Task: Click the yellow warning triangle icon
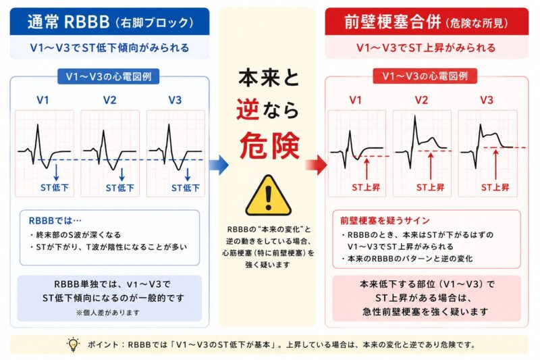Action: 268,196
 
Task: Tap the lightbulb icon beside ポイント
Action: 73,344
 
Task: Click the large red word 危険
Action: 269,146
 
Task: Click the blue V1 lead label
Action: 43,100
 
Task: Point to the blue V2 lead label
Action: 110,100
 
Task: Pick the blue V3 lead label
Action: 175,100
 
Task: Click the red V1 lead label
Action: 356,100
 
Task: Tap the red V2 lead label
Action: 421,100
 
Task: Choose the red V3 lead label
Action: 487,100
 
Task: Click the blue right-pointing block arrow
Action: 219,165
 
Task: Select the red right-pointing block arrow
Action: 317,165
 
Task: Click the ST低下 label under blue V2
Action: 120,188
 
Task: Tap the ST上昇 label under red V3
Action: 495,187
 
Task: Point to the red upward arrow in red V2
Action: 431,166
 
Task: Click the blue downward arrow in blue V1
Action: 56,172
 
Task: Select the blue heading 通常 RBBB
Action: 69,22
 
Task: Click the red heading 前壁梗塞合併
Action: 393,22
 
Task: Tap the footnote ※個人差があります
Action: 108,313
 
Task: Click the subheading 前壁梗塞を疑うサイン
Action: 385,220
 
